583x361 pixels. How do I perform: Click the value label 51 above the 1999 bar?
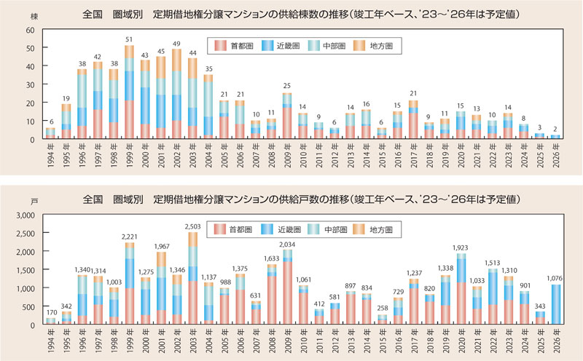click(x=129, y=39)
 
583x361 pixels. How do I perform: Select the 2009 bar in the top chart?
click(x=288, y=116)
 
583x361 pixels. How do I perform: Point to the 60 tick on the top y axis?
click(x=29, y=30)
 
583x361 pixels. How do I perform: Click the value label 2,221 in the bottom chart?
click(x=129, y=237)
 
